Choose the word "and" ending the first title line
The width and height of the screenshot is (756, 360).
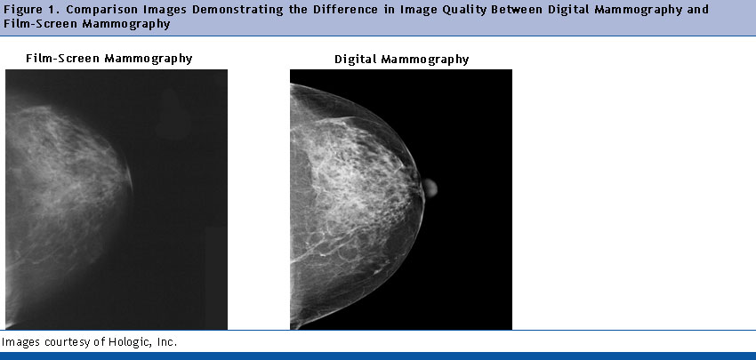pos(697,10)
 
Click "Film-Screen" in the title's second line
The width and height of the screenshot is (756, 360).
pos(39,24)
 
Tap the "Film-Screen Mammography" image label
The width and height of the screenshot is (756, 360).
pos(109,59)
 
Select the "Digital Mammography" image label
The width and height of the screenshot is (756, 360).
pos(402,60)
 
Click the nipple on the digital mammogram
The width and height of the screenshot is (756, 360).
pos(430,188)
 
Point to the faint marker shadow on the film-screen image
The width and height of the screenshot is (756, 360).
pos(173,114)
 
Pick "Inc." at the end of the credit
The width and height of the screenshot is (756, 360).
pos(169,342)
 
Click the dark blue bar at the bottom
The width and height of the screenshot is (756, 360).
pos(378,356)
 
